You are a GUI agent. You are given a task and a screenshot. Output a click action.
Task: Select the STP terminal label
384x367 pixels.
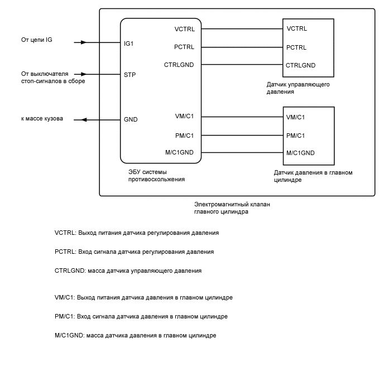[x=129, y=74]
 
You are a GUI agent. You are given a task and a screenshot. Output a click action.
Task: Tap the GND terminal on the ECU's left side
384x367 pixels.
[x=130, y=119]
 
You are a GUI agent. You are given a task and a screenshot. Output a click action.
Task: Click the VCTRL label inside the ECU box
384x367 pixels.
[x=184, y=28]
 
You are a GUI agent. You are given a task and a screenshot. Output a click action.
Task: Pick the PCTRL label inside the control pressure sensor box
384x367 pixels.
[x=296, y=47]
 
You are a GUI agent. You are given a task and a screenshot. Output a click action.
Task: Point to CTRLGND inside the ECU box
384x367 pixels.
[x=179, y=65]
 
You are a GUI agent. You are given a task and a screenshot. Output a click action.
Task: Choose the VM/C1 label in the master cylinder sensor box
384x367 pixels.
[x=295, y=117]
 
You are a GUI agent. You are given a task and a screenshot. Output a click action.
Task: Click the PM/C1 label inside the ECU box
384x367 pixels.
[x=185, y=135]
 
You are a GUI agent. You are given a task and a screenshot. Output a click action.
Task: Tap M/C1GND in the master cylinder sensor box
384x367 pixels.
[x=300, y=153]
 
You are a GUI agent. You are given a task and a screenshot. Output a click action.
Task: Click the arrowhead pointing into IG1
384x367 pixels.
[x=83, y=42]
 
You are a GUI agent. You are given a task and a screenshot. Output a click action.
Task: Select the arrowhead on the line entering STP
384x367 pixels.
[x=83, y=74]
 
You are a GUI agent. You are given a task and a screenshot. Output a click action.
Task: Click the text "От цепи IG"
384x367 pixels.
[x=36, y=40]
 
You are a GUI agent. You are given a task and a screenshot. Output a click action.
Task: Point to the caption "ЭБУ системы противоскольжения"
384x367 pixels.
[x=156, y=176]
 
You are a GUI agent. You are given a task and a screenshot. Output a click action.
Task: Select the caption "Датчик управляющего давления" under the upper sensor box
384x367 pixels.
[x=299, y=88]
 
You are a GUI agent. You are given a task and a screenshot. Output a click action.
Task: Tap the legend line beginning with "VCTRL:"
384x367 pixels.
[x=137, y=232]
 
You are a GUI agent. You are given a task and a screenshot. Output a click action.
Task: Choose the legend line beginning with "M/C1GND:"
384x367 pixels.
[x=135, y=335]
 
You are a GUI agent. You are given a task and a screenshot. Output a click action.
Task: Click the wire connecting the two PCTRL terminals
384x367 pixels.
[x=242, y=47]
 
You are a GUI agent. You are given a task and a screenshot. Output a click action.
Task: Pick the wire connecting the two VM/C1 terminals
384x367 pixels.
[x=242, y=117]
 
